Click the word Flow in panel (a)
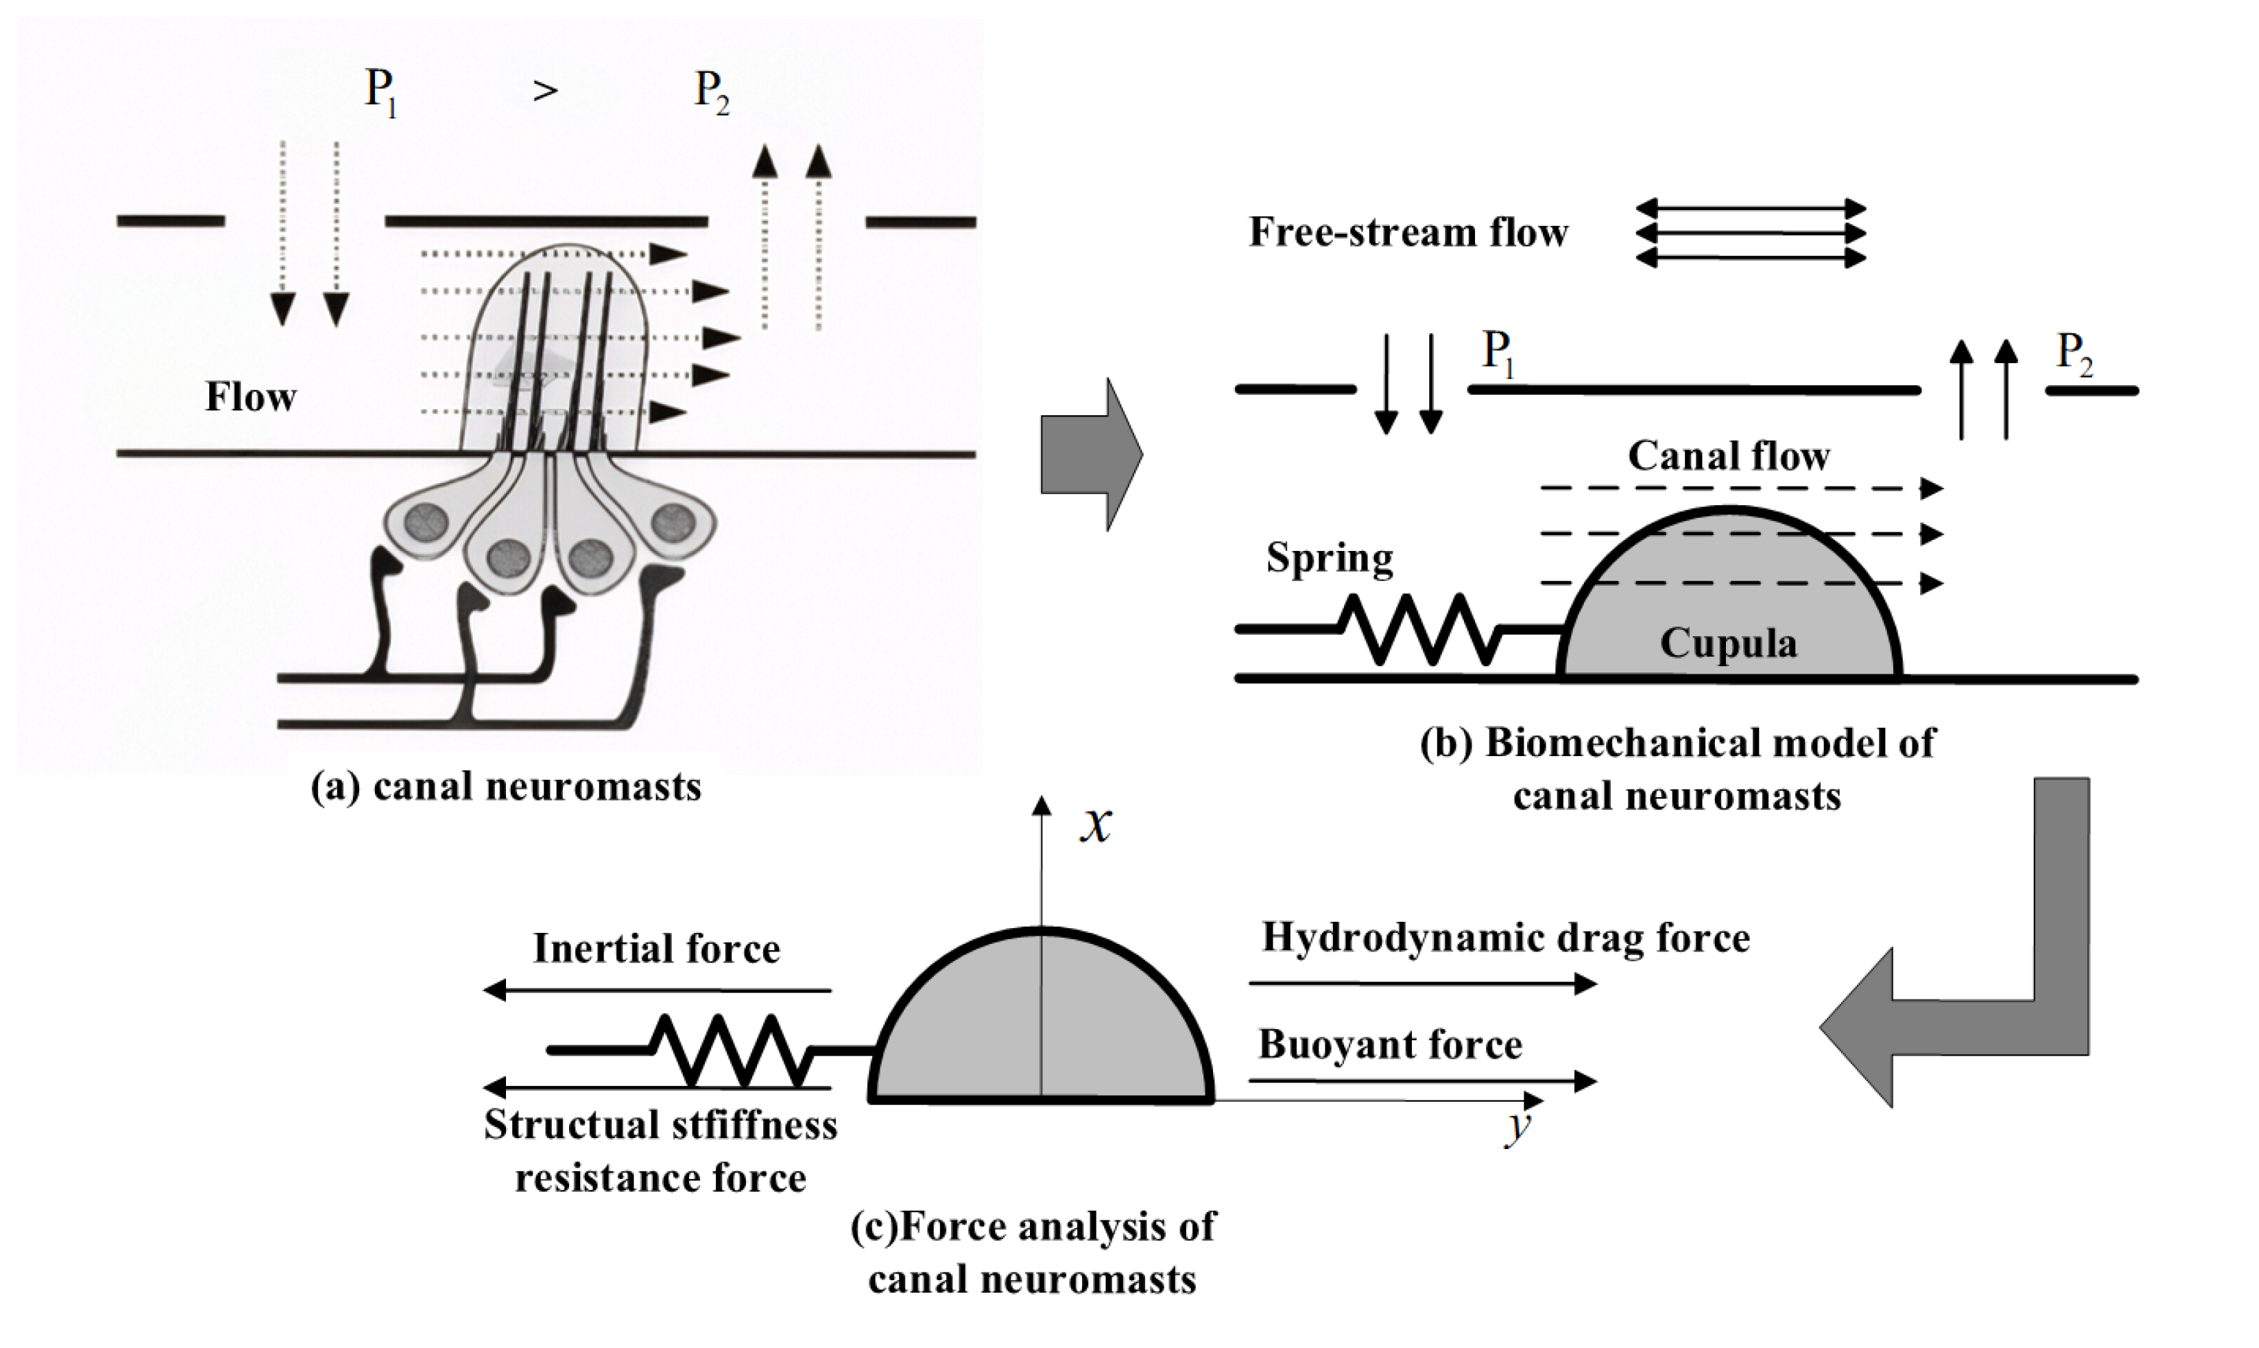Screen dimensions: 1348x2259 tap(251, 397)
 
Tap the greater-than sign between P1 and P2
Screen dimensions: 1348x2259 tap(545, 91)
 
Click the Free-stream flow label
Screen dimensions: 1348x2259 tap(1408, 233)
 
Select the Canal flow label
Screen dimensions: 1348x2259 tap(1727, 456)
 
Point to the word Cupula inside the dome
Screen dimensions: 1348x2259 tap(1727, 643)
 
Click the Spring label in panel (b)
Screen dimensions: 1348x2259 tap(1329, 558)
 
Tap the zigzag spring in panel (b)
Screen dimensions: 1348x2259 tap(1420, 629)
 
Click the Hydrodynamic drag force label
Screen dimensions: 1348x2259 tap(1505, 938)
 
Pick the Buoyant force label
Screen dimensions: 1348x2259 tap(1390, 1044)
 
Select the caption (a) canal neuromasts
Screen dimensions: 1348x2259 tap(506, 787)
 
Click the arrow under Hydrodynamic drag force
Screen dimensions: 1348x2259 tap(1422, 983)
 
